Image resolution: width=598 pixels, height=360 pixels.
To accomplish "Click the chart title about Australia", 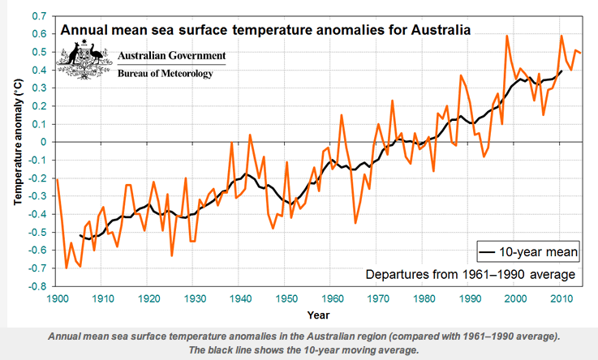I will click(x=265, y=31).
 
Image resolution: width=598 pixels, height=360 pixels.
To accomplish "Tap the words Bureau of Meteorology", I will click(x=166, y=74).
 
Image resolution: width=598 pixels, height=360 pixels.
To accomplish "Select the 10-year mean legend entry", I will click(x=527, y=252).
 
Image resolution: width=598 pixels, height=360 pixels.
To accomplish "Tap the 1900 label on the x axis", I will click(x=57, y=298).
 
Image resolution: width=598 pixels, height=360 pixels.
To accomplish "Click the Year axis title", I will click(x=319, y=314).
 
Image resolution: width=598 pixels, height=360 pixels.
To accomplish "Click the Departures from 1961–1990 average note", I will click(x=471, y=274).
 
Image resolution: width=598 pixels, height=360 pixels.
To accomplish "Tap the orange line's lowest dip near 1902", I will click(x=67, y=268).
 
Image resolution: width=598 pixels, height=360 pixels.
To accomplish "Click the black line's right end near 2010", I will click(x=561, y=70).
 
